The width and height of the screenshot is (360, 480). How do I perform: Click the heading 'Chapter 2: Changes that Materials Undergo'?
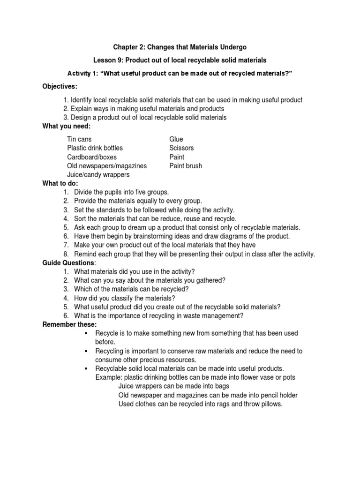[180, 47]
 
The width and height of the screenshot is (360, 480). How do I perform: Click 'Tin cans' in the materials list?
[79, 139]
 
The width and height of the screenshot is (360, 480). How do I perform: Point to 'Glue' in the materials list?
[176, 139]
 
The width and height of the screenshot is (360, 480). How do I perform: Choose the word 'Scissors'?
[181, 148]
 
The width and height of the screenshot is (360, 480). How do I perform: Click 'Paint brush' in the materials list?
[186, 165]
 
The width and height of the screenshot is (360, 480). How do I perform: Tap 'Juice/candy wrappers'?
[98, 174]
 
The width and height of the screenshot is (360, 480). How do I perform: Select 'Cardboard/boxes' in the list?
[92, 157]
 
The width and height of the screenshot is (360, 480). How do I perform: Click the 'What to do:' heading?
[60, 183]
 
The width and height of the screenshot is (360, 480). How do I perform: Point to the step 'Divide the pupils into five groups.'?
[121, 192]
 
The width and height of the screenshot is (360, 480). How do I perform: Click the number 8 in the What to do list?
[66, 254]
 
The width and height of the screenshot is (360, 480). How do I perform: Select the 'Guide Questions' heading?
[68, 263]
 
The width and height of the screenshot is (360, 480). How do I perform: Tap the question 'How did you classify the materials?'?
[125, 298]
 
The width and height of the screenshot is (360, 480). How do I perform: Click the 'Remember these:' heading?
[69, 324]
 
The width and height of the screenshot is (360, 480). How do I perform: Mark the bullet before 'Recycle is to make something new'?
[86, 333]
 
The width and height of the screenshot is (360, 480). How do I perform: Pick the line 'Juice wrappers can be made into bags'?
[173, 386]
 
